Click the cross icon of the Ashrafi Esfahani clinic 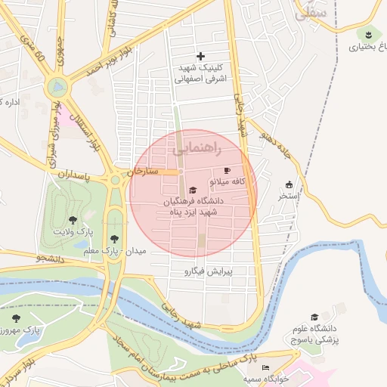point(200,56)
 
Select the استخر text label point(289,197)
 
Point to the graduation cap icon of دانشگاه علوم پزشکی point(314,317)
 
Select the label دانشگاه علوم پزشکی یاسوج point(314,333)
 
